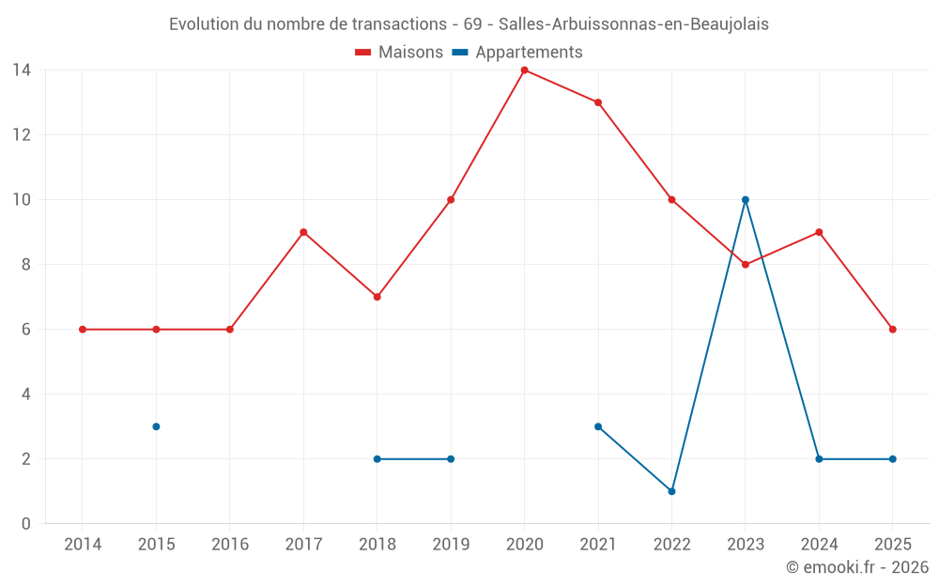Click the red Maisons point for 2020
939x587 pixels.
pyautogui.click(x=524, y=70)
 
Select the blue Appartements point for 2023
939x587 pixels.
pyautogui.click(x=746, y=199)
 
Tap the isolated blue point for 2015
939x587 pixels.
pyautogui.click(x=156, y=426)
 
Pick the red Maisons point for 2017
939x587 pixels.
pyautogui.click(x=303, y=232)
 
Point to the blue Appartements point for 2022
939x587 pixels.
pyautogui.click(x=671, y=491)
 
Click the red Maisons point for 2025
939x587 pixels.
pyautogui.click(x=893, y=330)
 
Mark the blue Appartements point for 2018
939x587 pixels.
pyautogui.click(x=377, y=459)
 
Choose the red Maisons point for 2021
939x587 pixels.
pyautogui.click(x=598, y=102)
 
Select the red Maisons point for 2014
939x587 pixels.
pyautogui.click(x=83, y=330)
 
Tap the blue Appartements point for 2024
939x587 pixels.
pyautogui.click(x=819, y=459)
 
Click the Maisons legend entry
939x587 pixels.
pyautogui.click(x=399, y=53)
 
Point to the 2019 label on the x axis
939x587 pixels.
pyautogui.click(x=451, y=544)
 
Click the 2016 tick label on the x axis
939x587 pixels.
pyautogui.click(x=229, y=544)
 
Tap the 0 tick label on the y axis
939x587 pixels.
pyautogui.click(x=26, y=524)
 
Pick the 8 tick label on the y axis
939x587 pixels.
pyautogui.click(x=26, y=265)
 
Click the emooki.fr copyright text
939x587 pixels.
pyautogui.click(x=857, y=567)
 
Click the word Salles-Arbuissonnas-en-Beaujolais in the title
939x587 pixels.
pyautogui.click(x=634, y=24)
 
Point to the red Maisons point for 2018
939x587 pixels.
pyautogui.click(x=377, y=297)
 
